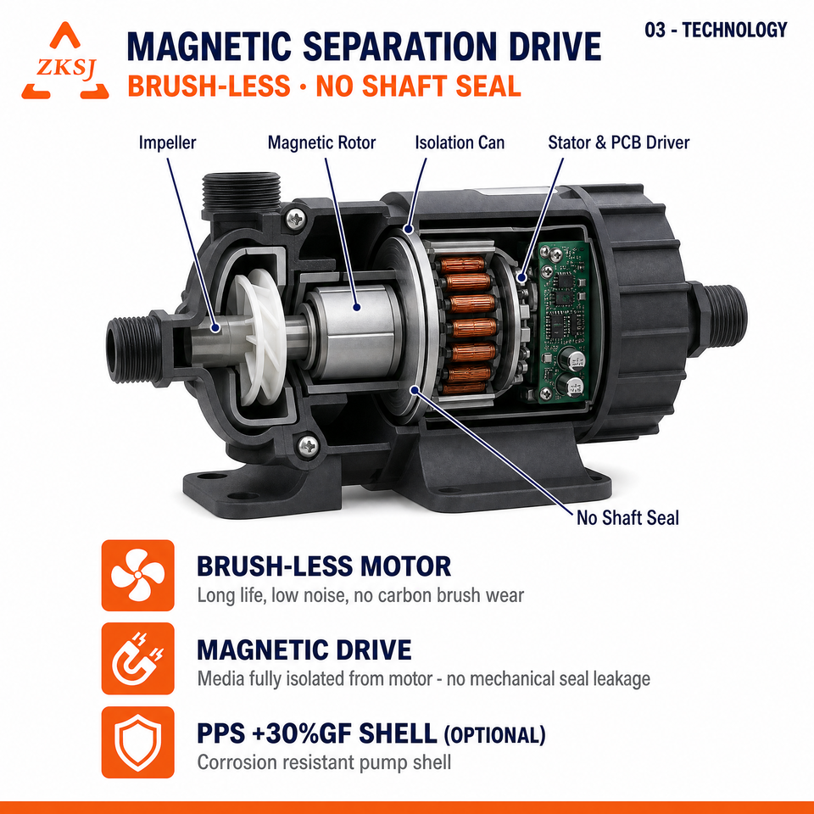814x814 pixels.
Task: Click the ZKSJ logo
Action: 65,61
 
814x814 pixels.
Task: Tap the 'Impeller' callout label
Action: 167,142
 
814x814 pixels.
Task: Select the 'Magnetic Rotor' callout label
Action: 321,142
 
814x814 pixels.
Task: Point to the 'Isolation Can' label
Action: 460,142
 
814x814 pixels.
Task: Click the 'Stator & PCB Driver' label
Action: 619,142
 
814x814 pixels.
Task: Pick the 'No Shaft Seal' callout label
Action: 627,517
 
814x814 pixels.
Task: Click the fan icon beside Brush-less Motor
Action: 137,575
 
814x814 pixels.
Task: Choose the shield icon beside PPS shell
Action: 137,742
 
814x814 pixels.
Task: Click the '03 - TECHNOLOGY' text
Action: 716,31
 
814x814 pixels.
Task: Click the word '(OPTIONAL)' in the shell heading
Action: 494,735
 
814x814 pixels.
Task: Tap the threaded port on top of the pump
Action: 242,192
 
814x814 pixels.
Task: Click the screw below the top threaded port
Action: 296,219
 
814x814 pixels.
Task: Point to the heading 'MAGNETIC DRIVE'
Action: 304,650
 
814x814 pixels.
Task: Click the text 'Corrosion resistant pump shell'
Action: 324,762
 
